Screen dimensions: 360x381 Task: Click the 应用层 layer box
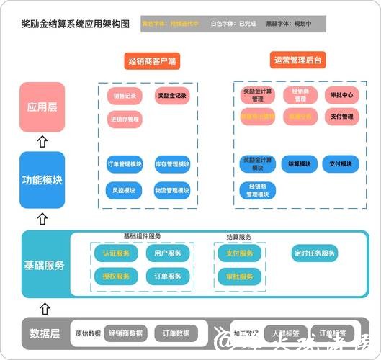[x=42, y=107]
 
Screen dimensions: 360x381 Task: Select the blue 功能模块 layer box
[x=42, y=179]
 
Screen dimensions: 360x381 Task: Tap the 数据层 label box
[x=44, y=333]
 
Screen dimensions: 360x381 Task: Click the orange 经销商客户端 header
[x=151, y=60]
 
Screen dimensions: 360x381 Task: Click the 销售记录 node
[x=125, y=96]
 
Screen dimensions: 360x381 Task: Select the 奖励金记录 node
[x=171, y=96]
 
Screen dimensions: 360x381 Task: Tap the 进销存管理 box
[x=125, y=120]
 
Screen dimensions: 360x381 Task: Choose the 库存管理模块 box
[x=172, y=165]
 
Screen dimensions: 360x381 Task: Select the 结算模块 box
[x=299, y=164]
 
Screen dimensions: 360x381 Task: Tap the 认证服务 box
[x=115, y=253]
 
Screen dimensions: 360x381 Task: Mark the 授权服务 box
[x=115, y=276]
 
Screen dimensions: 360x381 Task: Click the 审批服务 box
[x=239, y=276]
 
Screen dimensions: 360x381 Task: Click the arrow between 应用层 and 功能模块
[x=42, y=142]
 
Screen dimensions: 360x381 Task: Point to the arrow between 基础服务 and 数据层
[x=45, y=308]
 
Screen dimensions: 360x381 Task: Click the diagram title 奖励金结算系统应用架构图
[x=76, y=24]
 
